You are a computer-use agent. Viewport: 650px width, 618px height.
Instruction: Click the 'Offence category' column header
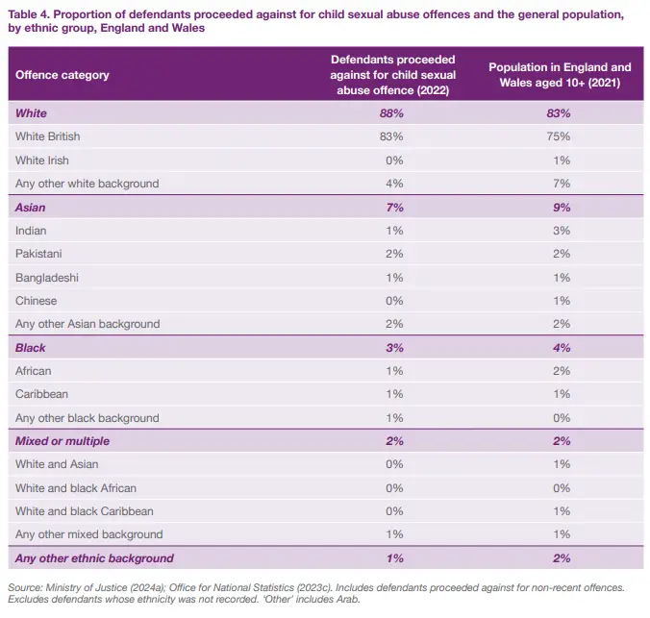pos(62,75)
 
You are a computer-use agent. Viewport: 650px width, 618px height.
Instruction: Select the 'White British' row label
pos(48,136)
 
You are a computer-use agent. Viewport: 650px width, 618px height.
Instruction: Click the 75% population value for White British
pos(560,136)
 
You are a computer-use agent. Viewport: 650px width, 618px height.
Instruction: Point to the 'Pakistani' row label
pos(39,254)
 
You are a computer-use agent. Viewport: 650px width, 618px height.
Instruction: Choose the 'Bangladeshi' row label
pos(47,277)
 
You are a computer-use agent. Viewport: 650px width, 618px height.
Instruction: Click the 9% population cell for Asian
pos(561,207)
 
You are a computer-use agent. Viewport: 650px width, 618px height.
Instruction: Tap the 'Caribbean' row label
pos(41,394)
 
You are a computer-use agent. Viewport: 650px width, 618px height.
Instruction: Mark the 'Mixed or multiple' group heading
pos(62,441)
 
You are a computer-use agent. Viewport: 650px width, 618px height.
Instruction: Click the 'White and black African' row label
pos(76,488)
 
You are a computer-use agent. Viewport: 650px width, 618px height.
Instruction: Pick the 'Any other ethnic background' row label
pos(94,558)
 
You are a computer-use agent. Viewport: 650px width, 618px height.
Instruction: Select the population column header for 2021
pos(560,75)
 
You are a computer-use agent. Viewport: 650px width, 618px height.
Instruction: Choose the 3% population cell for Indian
pos(561,231)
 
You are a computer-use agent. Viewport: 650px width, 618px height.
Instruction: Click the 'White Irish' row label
pos(42,160)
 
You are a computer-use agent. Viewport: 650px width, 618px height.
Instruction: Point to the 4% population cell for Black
pos(561,348)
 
